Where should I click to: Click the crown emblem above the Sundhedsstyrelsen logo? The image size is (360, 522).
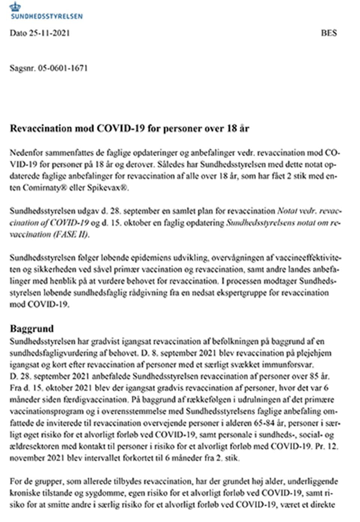pyautogui.click(x=15, y=6)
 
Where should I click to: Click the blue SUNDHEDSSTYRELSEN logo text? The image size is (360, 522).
pyautogui.click(x=46, y=16)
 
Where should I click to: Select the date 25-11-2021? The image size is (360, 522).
pyautogui.click(x=49, y=33)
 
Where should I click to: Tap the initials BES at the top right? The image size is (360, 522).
pyautogui.click(x=329, y=33)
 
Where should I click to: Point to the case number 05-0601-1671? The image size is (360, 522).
pyautogui.click(x=63, y=68)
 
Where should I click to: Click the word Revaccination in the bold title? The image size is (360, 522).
pyautogui.click(x=41, y=129)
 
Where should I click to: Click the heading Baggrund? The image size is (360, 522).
pyautogui.click(x=32, y=329)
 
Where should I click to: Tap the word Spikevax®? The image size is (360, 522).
pyautogui.click(x=108, y=188)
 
